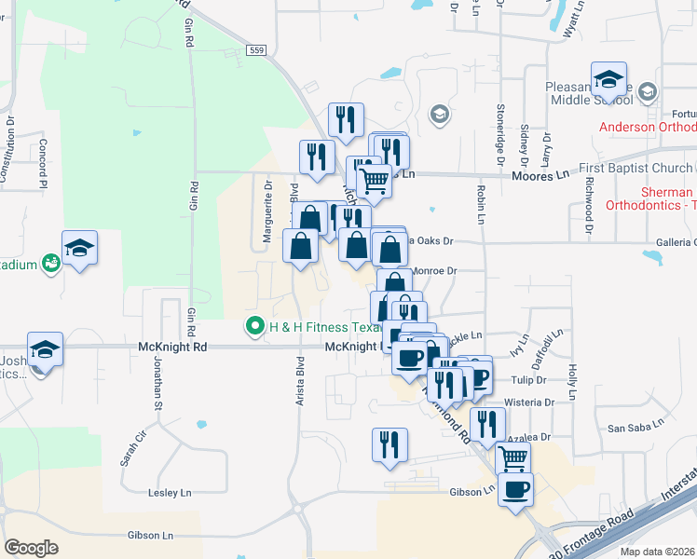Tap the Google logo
(x=31, y=547)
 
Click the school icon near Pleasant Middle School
(x=608, y=79)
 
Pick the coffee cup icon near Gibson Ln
(x=515, y=488)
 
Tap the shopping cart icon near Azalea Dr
(x=512, y=457)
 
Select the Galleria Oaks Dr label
(x=429, y=240)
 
